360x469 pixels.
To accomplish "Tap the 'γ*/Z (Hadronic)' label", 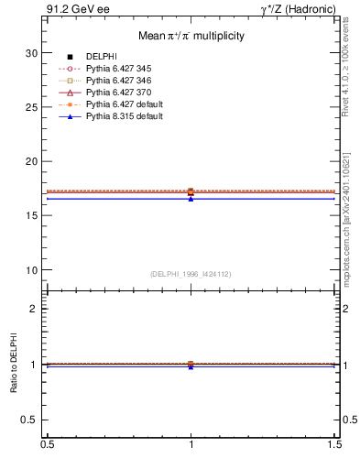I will tap(298, 9).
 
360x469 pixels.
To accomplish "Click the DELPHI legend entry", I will tap(101, 57).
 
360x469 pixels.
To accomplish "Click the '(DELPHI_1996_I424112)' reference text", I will tap(191, 274).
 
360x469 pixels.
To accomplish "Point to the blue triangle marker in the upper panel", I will tap(191, 198).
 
